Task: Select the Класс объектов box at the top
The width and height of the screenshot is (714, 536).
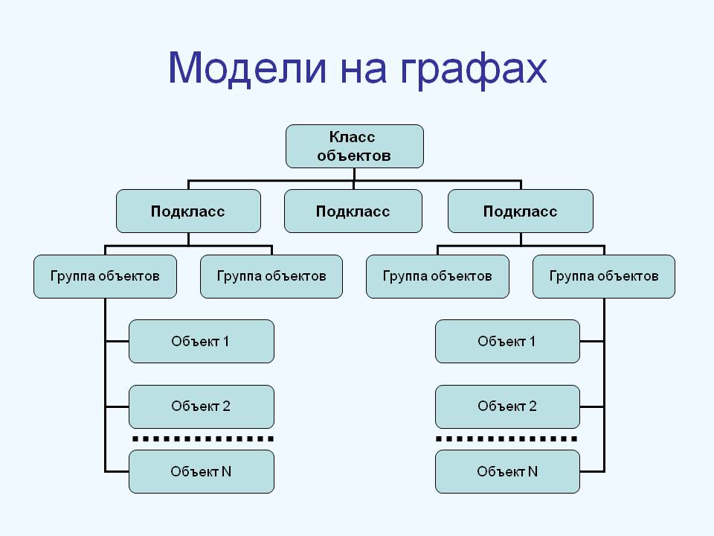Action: tap(355, 146)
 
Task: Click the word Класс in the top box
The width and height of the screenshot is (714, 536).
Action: tap(353, 137)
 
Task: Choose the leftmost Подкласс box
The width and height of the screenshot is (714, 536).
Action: tap(188, 211)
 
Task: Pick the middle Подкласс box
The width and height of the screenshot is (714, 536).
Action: tap(353, 211)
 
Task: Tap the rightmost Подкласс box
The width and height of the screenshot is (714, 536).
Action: tap(520, 211)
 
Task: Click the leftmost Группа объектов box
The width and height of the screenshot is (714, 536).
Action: tap(106, 277)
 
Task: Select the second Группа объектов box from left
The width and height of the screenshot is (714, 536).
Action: tap(271, 277)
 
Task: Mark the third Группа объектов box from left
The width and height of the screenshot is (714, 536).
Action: tap(437, 277)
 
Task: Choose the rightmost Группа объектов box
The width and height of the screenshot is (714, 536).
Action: tap(604, 277)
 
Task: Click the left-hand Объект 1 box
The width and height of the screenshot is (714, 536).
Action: tap(201, 342)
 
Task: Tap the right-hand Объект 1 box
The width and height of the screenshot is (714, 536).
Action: tap(507, 342)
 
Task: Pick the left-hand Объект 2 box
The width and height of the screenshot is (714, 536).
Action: tap(201, 406)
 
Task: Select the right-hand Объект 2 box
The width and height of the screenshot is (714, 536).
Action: tap(507, 406)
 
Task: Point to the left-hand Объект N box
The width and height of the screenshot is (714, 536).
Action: tap(201, 471)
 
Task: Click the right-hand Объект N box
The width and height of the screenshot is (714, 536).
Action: tap(507, 471)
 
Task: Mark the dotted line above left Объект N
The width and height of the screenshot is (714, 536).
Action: tap(202, 439)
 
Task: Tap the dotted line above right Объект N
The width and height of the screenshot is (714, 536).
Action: tap(507, 439)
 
